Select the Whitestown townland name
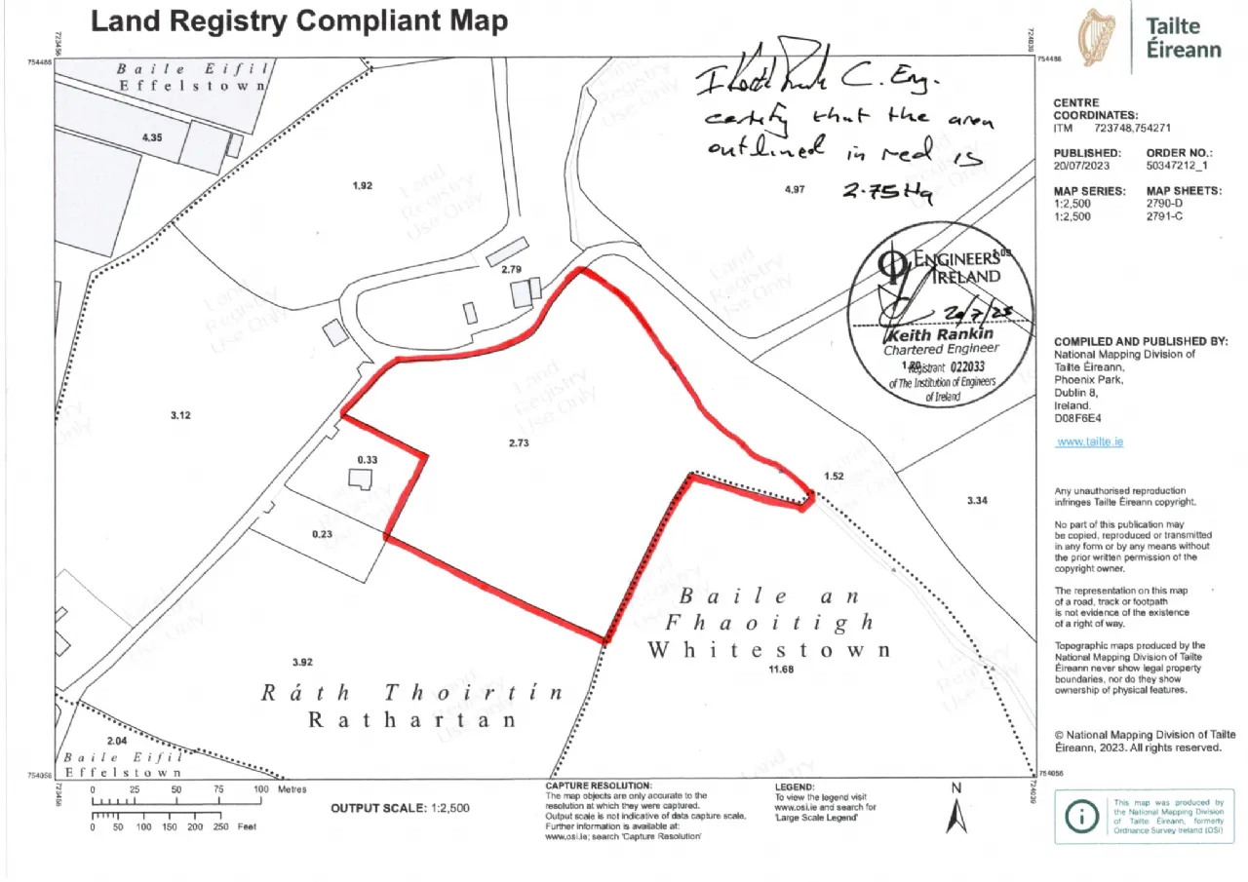[769, 649]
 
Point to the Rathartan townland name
[412, 720]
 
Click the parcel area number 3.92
[301, 663]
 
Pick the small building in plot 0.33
[360, 478]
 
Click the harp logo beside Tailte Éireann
[1098, 39]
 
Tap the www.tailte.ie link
[1089, 441]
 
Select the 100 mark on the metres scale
[260, 789]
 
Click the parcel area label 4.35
[152, 137]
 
